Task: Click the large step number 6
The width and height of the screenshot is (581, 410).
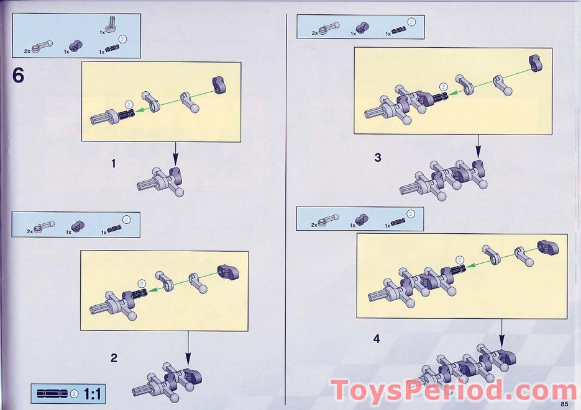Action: pos(18,76)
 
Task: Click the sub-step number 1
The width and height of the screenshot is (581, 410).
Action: pos(113,163)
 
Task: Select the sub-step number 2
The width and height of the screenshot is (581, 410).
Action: pos(114,358)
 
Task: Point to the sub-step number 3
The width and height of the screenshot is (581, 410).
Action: pos(378,158)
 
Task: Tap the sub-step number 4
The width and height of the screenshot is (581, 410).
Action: pos(377,339)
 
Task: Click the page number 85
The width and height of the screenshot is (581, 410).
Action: pos(564,404)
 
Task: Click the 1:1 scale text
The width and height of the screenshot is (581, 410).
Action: pos(92,394)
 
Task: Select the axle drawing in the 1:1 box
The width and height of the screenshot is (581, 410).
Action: pos(53,394)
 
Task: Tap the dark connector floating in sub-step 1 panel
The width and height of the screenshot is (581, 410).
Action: pos(219,86)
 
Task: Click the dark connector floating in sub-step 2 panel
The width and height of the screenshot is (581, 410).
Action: pos(227,272)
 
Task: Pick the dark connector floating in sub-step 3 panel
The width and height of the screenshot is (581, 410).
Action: pos(535,62)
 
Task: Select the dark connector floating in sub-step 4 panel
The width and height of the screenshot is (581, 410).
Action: pos(548,247)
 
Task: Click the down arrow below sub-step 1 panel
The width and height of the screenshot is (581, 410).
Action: pos(175,153)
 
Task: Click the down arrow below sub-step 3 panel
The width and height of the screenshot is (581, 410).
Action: pos(478,147)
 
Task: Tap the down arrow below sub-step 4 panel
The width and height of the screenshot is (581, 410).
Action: pos(501,333)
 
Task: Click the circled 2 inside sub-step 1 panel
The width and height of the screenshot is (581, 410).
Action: pos(129,105)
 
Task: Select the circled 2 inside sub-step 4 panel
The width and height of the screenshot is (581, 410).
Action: pos(459,261)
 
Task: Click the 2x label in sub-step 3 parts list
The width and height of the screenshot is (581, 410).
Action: pos(314,33)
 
